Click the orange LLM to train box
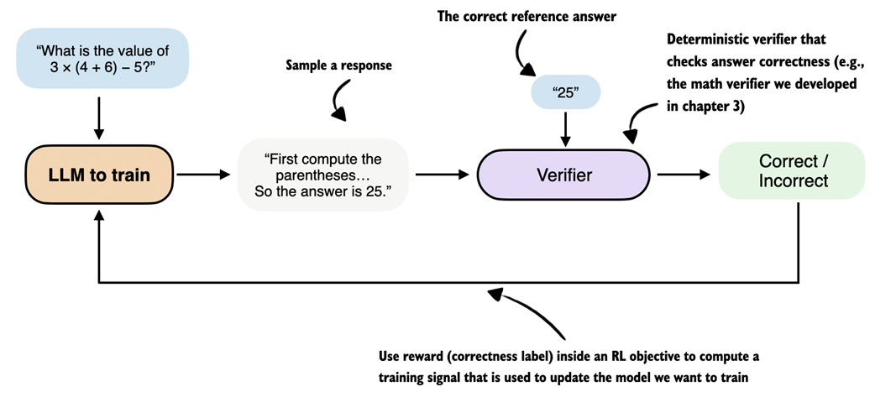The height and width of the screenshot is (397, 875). (99, 175)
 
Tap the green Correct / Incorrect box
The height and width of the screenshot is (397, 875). (793, 170)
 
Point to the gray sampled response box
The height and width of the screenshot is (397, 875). (322, 175)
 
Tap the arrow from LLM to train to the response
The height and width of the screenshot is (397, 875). (202, 175)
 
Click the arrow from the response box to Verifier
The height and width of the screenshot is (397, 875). (441, 175)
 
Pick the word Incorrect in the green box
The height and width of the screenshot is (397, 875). (793, 180)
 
